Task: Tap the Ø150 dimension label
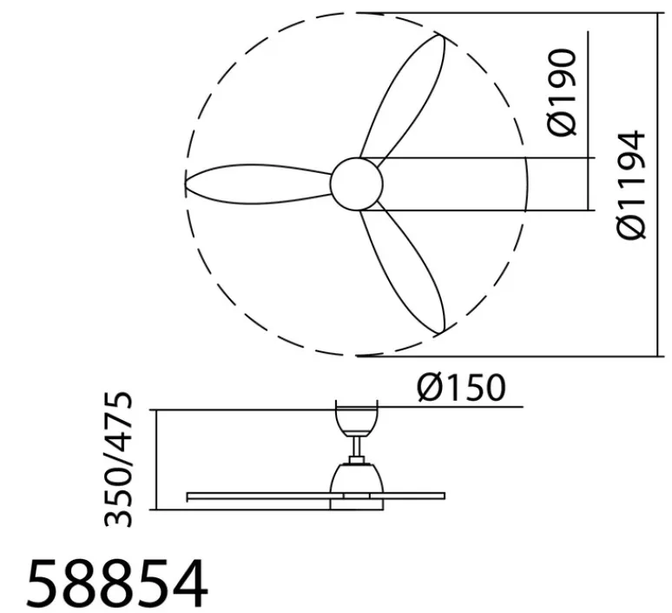[460, 388]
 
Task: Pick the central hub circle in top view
[356, 183]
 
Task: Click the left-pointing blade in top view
[260, 183]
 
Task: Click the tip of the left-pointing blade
[188, 183]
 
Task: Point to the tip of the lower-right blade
[443, 331]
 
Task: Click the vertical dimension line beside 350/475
[154, 459]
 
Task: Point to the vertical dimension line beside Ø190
[590, 122]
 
